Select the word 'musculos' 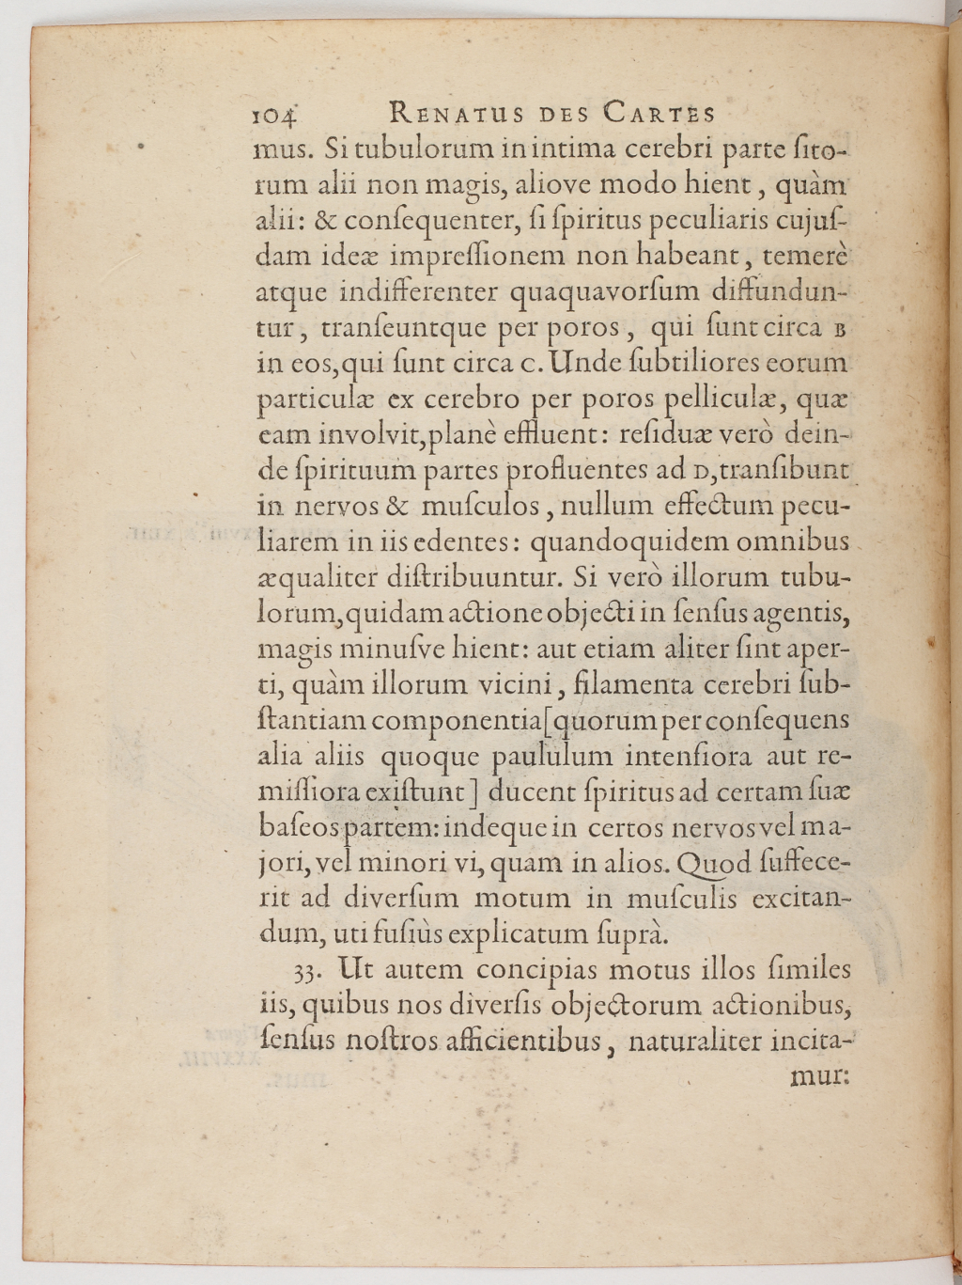(x=480, y=507)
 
